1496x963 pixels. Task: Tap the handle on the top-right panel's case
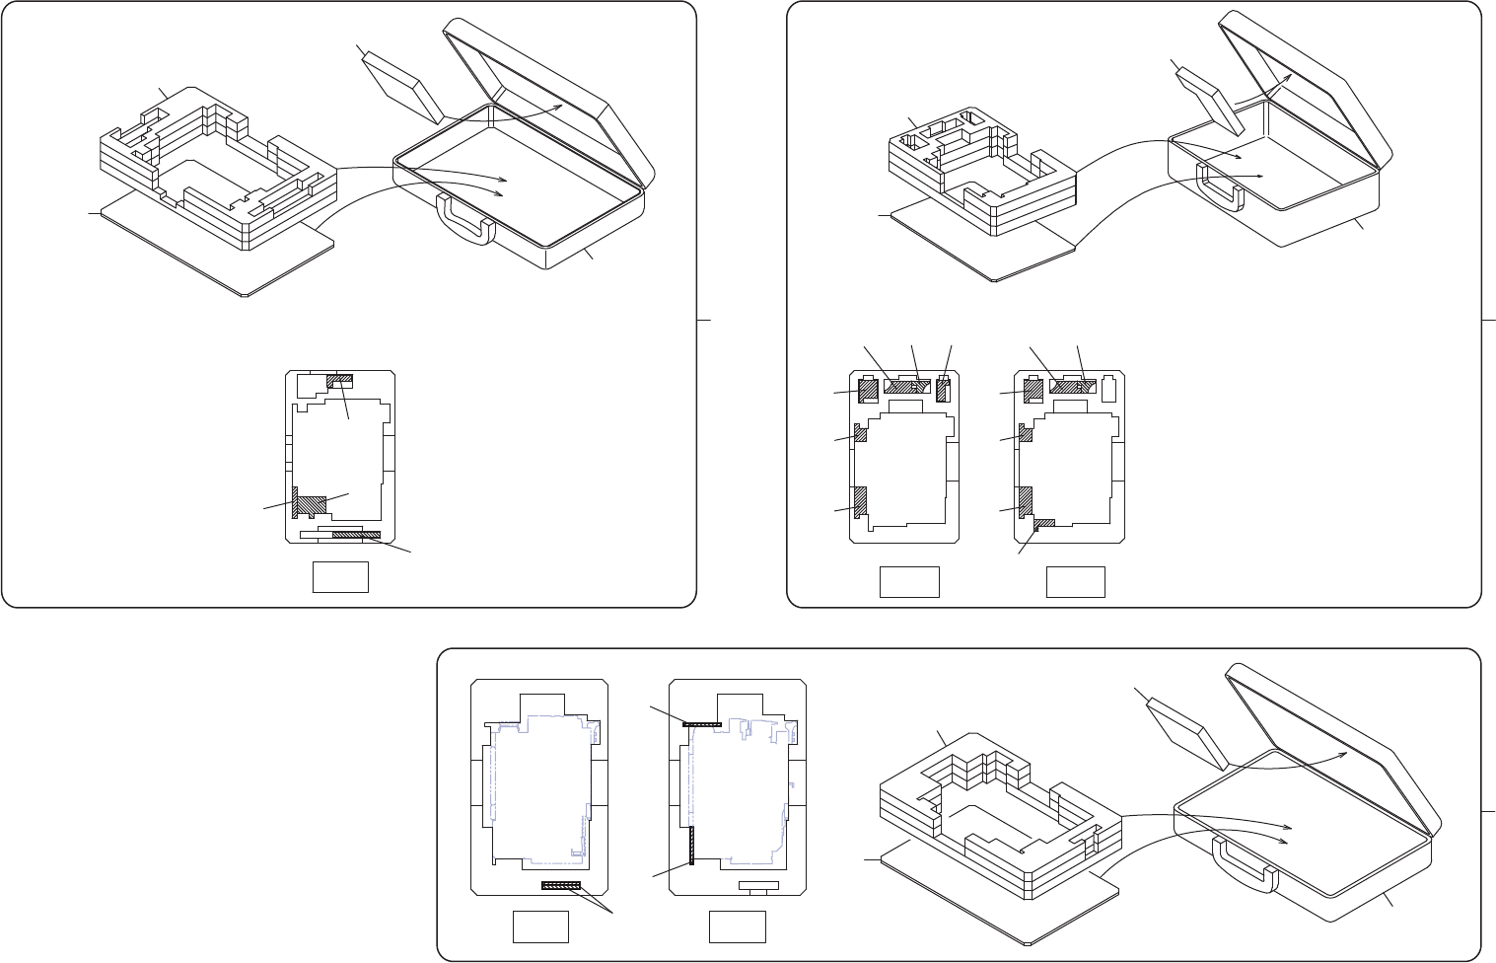click(1219, 186)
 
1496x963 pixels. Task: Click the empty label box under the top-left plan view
click(340, 577)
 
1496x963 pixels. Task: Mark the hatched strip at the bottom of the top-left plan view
click(356, 534)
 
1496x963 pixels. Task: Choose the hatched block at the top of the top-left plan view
click(339, 379)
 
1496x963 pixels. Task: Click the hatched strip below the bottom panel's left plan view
click(562, 886)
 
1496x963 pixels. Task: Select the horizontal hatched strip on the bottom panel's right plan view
click(702, 723)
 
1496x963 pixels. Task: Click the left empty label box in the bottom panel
click(540, 926)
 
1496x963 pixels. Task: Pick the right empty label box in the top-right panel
click(1075, 582)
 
